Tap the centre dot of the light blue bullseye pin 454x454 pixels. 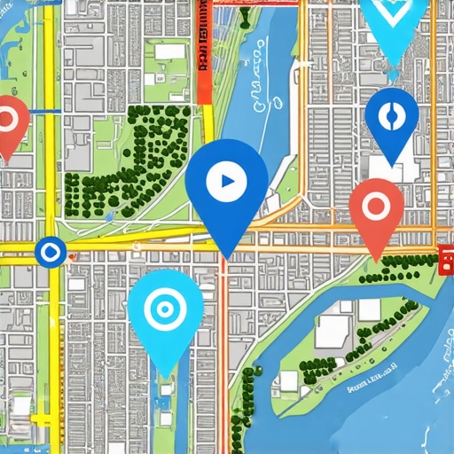point(164,309)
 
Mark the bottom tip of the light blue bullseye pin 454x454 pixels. point(165,377)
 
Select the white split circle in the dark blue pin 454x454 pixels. point(391,115)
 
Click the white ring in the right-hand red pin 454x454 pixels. point(376,207)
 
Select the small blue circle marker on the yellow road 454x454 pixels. point(49,252)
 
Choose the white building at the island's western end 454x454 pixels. point(288,381)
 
